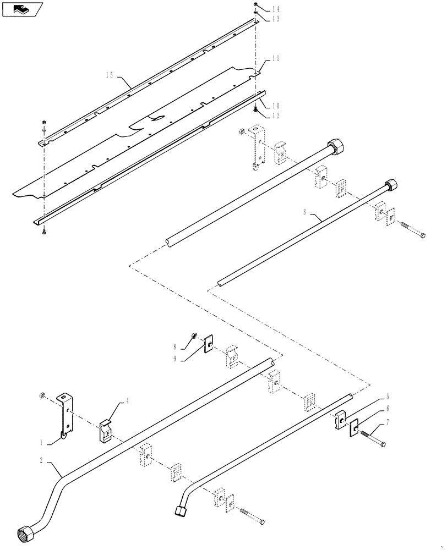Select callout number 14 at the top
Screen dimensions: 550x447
(x=276, y=9)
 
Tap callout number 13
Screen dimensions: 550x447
(x=276, y=18)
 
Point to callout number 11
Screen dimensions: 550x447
(x=275, y=58)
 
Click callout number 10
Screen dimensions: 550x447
(x=276, y=105)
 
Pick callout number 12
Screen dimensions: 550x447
(x=276, y=116)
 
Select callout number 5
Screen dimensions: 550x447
(x=388, y=396)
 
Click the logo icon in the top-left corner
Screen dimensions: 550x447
(x=23, y=9)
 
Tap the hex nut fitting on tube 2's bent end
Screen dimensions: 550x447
(x=25, y=534)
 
